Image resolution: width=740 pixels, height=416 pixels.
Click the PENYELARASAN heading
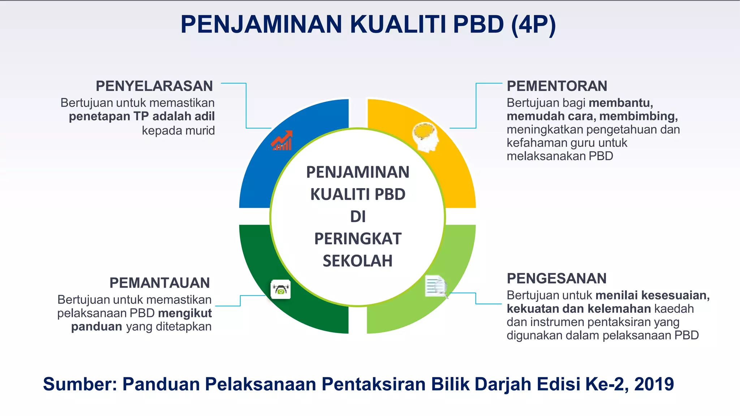click(x=154, y=86)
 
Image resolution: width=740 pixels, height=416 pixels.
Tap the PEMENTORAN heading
click(x=557, y=86)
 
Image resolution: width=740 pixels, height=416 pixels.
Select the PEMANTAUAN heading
click(x=159, y=283)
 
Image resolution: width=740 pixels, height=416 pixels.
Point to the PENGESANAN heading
click(x=556, y=279)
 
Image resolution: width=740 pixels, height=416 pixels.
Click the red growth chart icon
click(x=282, y=140)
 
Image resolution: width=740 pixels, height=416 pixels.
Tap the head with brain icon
click(x=426, y=137)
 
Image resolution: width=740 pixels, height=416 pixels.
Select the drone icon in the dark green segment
click(x=281, y=289)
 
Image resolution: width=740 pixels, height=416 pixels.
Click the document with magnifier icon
click(x=436, y=287)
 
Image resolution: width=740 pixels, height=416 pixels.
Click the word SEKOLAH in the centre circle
click(x=358, y=261)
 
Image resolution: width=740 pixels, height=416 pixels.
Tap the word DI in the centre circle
click(x=358, y=217)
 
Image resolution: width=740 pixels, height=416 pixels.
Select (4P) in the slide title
click(x=533, y=25)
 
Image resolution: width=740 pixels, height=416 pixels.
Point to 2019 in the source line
click(x=654, y=384)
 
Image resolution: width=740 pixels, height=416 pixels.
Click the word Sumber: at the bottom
click(x=80, y=384)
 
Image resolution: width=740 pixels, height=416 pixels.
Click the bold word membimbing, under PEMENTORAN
click(x=638, y=116)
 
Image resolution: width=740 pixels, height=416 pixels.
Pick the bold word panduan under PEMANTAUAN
click(x=96, y=326)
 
